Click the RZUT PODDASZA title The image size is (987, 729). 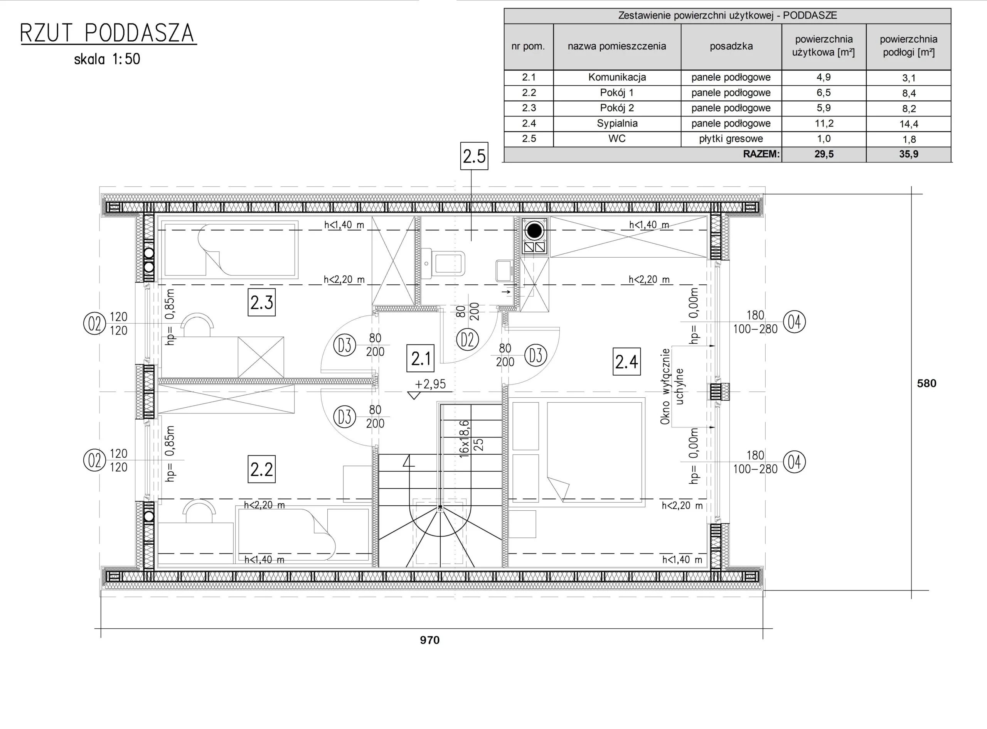pos(108,33)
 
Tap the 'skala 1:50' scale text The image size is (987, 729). pos(107,59)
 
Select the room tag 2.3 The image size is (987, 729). pos(261,303)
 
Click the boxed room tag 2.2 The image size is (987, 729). pos(261,469)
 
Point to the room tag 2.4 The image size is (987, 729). pos(627,362)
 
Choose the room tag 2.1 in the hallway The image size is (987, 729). pos(421,358)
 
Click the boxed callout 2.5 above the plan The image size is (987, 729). pos(474,156)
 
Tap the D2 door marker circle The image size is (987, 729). pos(468,340)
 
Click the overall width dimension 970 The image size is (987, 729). pos(429,640)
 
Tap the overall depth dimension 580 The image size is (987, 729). pos(926,383)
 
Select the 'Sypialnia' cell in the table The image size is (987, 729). pos(617,123)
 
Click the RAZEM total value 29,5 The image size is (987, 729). pos(824,154)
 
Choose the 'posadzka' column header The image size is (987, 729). pos(731,46)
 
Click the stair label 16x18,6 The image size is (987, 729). pos(465,439)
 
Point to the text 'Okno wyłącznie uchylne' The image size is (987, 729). pos(672,386)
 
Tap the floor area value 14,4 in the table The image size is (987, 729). pos(909,124)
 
